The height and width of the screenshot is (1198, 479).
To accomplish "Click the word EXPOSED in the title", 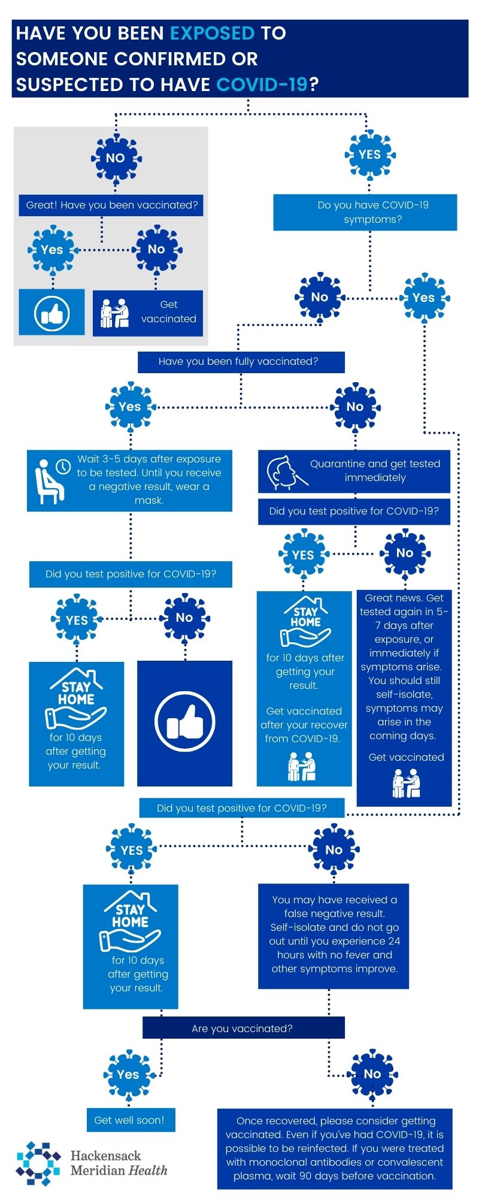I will pos(213,33).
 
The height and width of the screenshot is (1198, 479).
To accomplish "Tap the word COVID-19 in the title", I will pos(262,84).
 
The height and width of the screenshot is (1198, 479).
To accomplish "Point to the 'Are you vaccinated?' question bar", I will pos(243,1028).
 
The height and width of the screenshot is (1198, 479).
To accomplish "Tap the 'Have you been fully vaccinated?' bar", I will pos(241,361).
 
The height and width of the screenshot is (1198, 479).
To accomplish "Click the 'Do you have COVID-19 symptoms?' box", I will pos(365,212).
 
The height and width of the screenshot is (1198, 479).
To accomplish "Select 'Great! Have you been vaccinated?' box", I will pos(111,205).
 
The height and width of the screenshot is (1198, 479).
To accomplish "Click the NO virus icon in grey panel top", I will pos(116,158).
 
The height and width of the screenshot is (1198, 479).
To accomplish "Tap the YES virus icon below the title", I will pos(369,155).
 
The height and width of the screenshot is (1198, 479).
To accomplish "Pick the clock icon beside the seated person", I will pos(62,466).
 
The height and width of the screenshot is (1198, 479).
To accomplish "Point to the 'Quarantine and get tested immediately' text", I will pos(375,471).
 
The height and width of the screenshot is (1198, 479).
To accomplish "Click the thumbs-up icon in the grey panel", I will pos(52,313).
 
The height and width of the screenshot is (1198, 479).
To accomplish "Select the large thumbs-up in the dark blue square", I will pos(184,722).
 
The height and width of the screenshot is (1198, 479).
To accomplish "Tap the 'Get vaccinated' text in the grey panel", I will pos(168,311).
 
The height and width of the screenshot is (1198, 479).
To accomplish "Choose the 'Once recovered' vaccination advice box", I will pos(335,1148).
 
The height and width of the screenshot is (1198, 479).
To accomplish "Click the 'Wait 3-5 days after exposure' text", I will pos(148,479).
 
